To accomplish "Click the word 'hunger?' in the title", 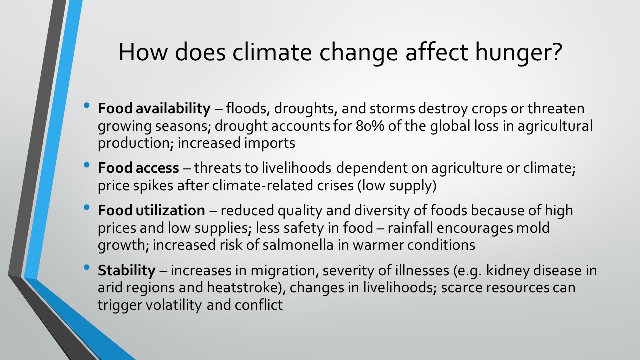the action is tap(518, 53).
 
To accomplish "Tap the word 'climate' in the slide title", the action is tap(272, 52).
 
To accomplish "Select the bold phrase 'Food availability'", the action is tap(154, 109).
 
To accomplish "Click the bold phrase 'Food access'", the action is tap(138, 168).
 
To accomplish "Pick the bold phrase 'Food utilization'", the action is tap(151, 210).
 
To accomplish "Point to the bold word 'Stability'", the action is tap(127, 271).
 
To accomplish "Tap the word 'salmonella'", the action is tap(298, 245).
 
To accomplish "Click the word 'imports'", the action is tap(269, 143).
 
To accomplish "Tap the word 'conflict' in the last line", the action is tap(259, 305).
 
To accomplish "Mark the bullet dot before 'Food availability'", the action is tap(87, 105).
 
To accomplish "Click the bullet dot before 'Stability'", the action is tap(87, 267).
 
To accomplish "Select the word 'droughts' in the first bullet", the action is tap(306, 109).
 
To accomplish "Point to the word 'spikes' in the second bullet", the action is tap(153, 186).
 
